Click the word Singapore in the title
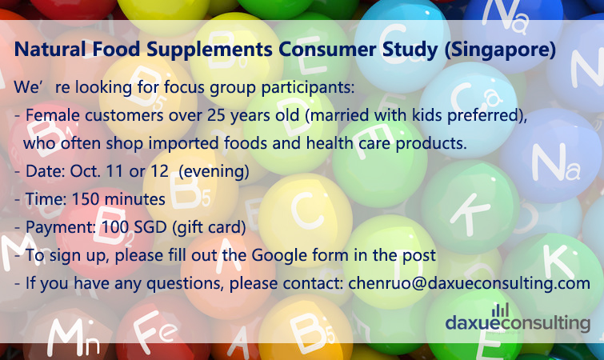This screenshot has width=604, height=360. click(500, 50)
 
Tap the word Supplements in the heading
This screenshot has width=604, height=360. click(209, 50)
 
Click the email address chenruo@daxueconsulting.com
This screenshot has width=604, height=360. click(469, 283)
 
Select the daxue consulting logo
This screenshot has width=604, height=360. click(518, 319)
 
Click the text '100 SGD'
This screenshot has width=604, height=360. click(134, 227)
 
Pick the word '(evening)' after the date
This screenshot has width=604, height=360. click(214, 171)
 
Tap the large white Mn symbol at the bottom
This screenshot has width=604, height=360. click(74, 338)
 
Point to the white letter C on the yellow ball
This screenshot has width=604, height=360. click(306, 210)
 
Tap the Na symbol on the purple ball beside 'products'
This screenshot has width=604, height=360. click(555, 162)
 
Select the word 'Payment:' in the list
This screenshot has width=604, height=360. click(61, 227)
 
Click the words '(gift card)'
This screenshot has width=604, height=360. click(209, 227)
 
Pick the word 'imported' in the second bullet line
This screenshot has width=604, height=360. click(184, 144)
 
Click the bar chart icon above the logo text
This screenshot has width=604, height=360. click(500, 310)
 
